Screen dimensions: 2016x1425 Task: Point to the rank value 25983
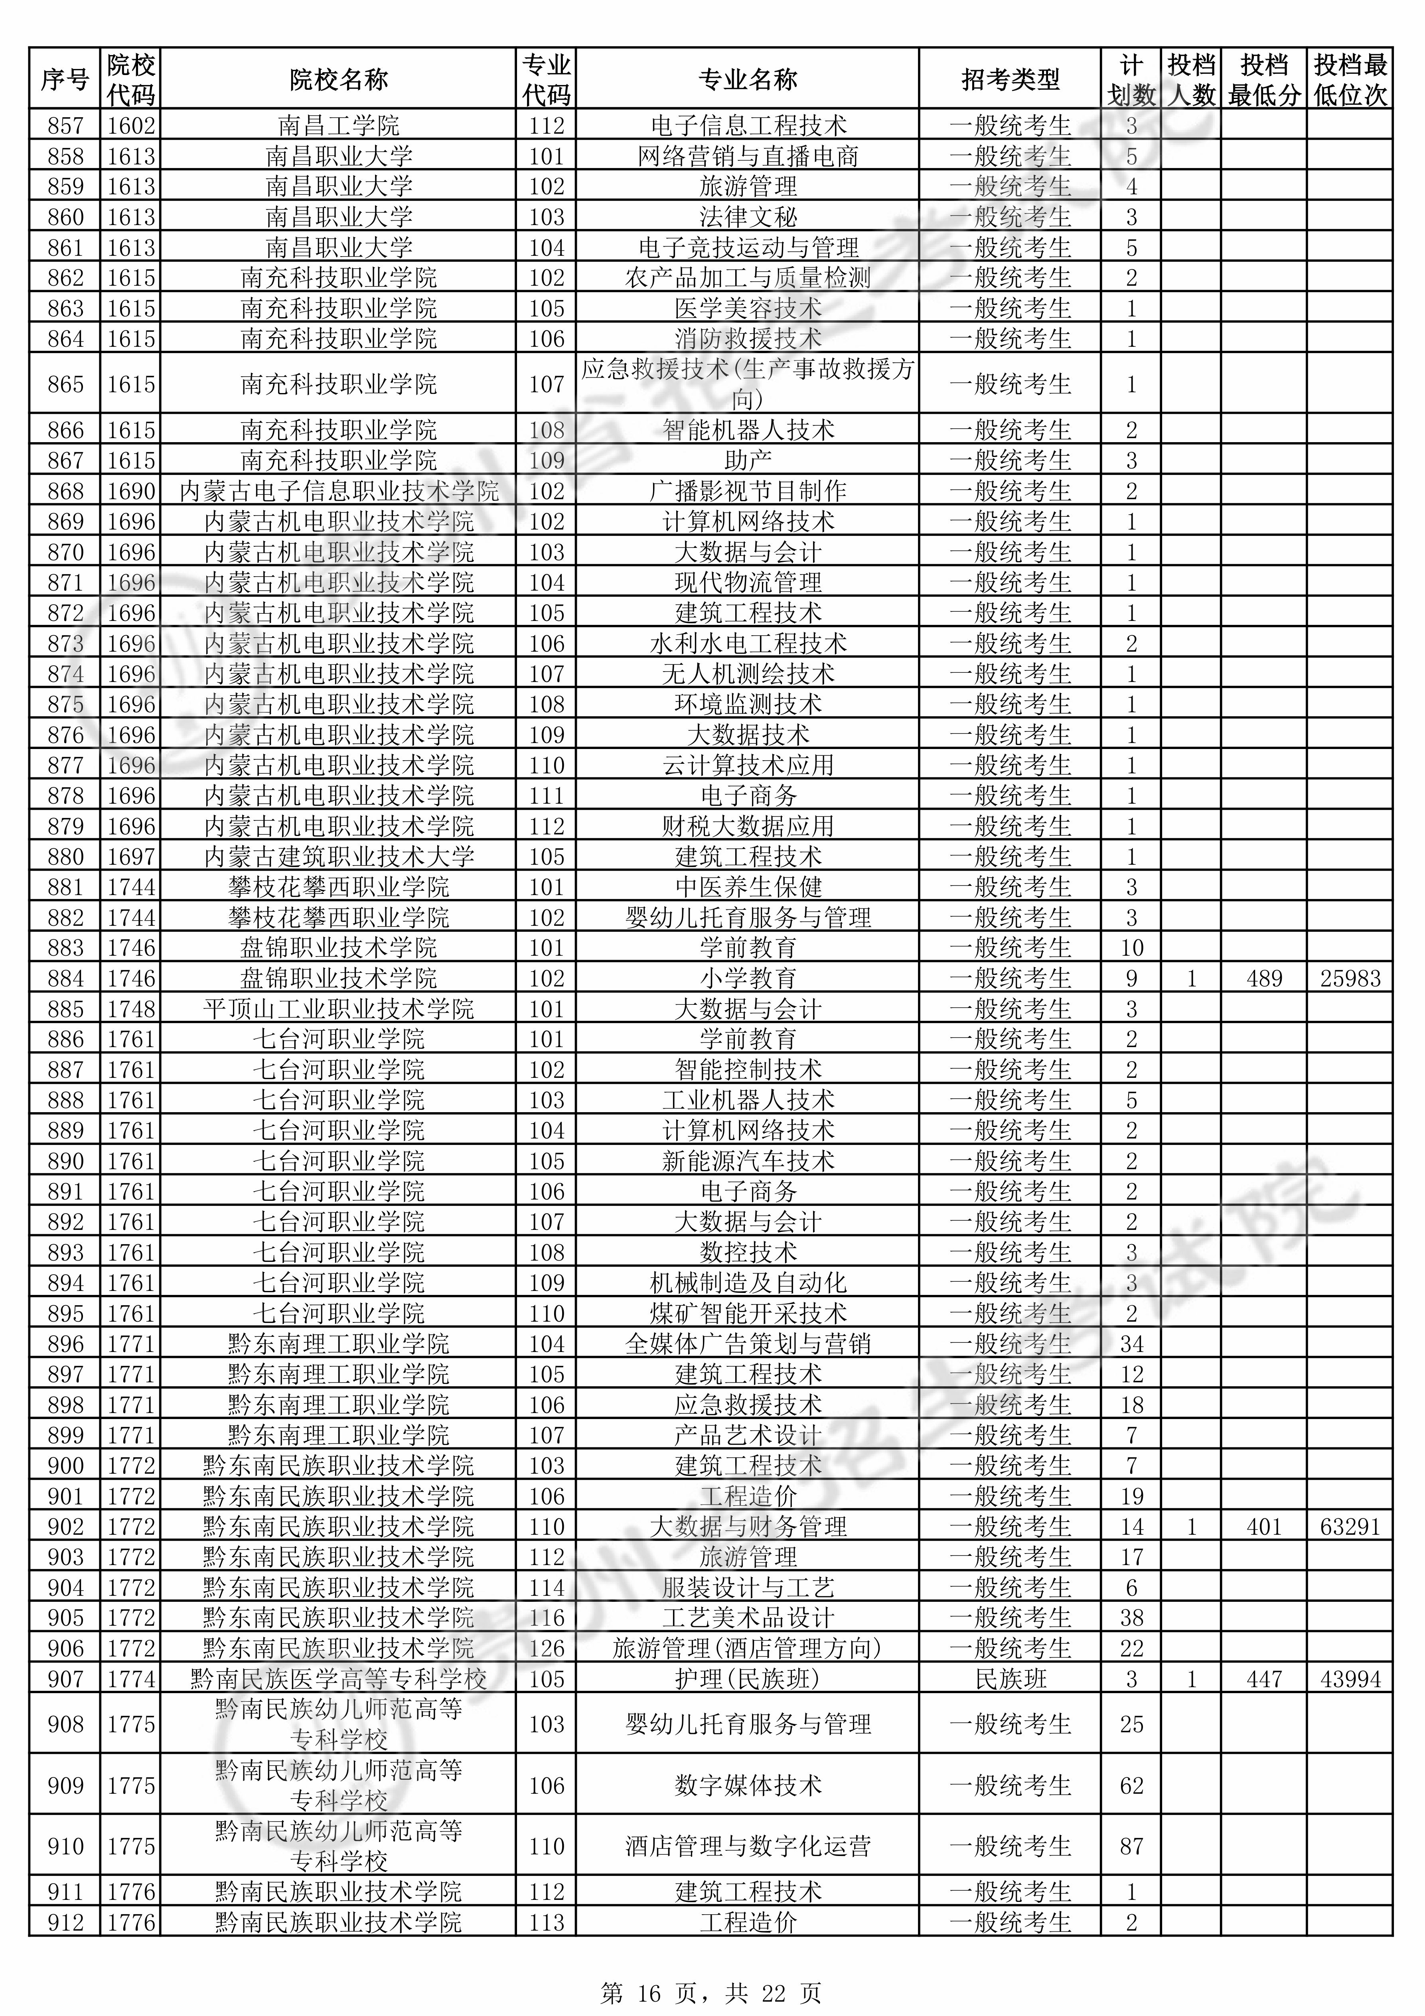(x=1350, y=978)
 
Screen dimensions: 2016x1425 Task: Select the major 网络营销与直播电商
(x=747, y=156)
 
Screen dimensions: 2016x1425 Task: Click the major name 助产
(x=747, y=460)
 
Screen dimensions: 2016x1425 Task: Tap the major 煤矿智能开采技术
(x=747, y=1314)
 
